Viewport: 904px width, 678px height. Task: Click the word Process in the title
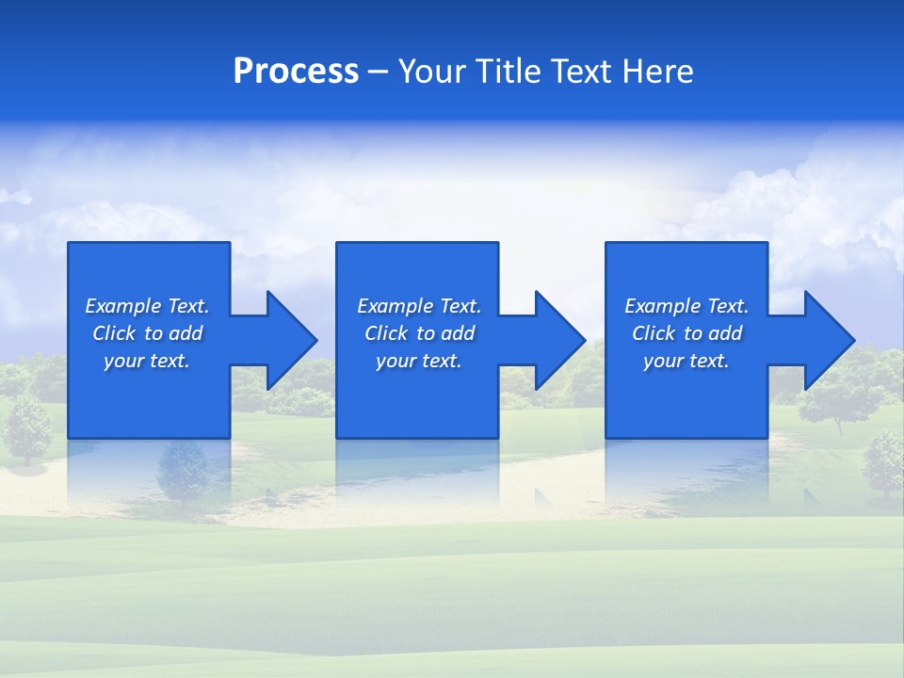pyautogui.click(x=296, y=72)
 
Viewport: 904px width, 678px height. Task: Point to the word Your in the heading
pyautogui.click(x=431, y=72)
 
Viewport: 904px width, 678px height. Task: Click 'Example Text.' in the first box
pyautogui.click(x=147, y=306)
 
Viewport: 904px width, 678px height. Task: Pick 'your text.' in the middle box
pyautogui.click(x=418, y=361)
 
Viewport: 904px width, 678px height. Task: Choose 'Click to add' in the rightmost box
pyautogui.click(x=687, y=333)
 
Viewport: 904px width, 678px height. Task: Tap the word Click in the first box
pyautogui.click(x=114, y=333)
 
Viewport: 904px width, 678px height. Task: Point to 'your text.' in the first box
pyautogui.click(x=147, y=361)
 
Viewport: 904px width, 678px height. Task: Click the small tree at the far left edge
pyautogui.click(x=28, y=428)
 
